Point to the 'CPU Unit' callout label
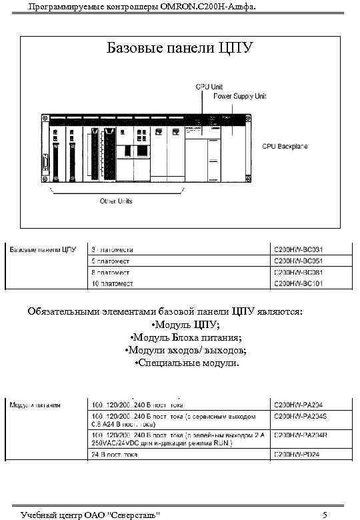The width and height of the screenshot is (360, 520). (x=209, y=87)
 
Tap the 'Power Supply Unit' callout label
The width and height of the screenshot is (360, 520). (x=239, y=96)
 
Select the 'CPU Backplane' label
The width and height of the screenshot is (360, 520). (x=285, y=146)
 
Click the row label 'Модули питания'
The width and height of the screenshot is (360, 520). (x=35, y=404)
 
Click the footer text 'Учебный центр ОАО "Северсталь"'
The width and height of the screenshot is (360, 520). (x=90, y=514)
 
